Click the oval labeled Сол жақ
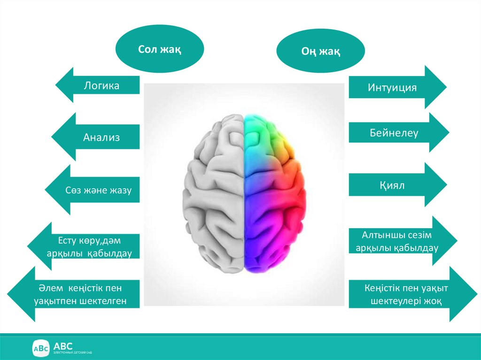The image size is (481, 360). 159,48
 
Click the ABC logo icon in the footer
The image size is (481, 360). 40,348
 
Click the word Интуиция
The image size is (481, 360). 392,87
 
